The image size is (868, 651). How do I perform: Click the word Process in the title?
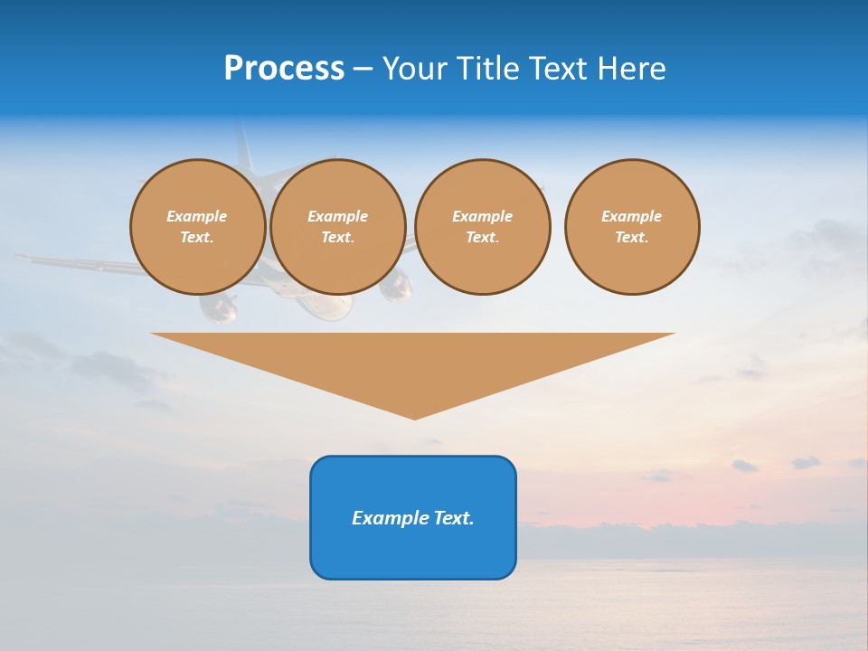(x=284, y=69)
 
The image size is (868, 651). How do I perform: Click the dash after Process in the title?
(x=363, y=71)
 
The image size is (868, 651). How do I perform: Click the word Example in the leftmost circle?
(x=197, y=216)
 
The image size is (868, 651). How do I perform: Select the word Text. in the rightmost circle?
(x=632, y=237)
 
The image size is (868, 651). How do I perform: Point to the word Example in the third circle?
(x=482, y=216)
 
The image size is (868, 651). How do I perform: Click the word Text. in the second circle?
(x=337, y=237)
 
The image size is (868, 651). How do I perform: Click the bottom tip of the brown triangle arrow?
(x=414, y=418)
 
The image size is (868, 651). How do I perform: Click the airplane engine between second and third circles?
(x=396, y=288)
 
